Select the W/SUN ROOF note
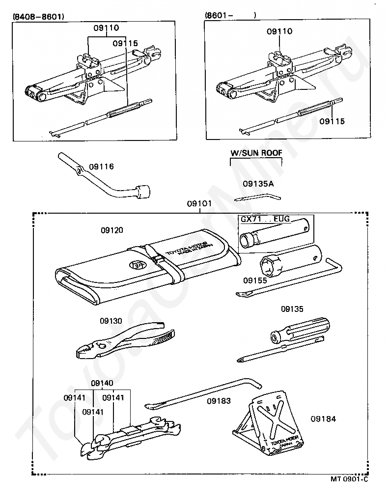click(256, 153)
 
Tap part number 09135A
click(258, 184)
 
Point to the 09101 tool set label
click(199, 203)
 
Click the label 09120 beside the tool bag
click(112, 230)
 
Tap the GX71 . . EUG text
click(265, 219)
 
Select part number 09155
click(255, 280)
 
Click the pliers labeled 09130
click(123, 341)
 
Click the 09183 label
click(219, 401)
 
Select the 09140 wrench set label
click(102, 383)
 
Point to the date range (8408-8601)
click(38, 16)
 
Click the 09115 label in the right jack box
click(332, 121)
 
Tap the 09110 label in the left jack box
click(107, 28)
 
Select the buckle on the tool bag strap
click(158, 259)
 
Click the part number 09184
click(323, 419)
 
